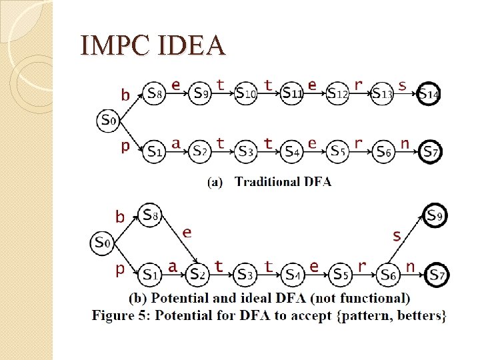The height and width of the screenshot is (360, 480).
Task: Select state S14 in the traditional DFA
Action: coord(429,94)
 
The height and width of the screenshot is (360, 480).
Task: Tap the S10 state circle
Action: coord(245,94)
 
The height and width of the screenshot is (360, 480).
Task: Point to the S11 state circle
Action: coord(292,94)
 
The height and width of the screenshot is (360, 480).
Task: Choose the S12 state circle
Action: coord(338,94)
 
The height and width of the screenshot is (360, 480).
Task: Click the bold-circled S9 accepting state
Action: coord(435,215)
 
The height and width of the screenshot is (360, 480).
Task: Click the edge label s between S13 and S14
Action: coord(402,85)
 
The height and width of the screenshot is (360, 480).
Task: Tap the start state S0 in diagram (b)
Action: coord(102,243)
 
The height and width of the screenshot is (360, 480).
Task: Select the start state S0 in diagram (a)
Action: coord(109,121)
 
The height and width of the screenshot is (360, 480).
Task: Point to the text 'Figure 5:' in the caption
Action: coord(121,315)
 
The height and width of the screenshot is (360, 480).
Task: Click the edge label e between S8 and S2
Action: coord(187,232)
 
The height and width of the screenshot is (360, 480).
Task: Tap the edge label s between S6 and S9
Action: coord(397,235)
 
